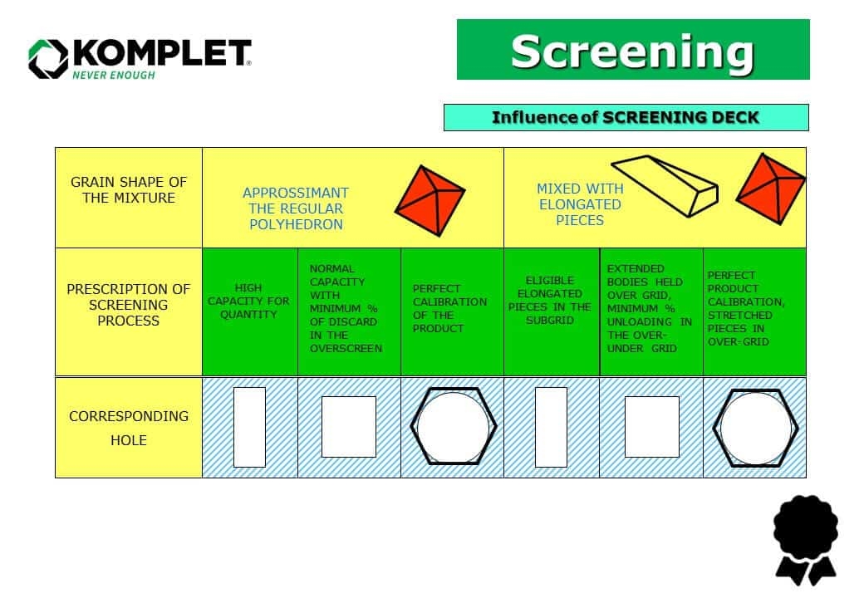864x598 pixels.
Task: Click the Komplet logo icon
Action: click(x=47, y=58)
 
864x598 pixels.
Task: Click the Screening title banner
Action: click(x=632, y=50)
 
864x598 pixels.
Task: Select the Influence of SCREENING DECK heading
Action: click(x=626, y=117)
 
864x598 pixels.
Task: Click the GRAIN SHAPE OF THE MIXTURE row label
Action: click(x=129, y=189)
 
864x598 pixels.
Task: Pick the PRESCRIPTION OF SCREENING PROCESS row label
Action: click(x=129, y=305)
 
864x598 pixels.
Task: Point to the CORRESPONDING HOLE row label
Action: click(x=129, y=428)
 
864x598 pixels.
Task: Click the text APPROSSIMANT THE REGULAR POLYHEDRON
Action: click(x=296, y=208)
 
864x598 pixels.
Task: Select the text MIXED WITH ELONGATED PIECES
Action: click(x=580, y=204)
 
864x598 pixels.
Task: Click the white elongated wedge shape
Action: click(x=664, y=184)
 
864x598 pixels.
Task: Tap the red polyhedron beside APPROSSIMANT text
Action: click(x=430, y=200)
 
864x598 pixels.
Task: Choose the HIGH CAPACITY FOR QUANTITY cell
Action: click(x=248, y=301)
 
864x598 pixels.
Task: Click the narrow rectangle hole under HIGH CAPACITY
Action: click(x=249, y=427)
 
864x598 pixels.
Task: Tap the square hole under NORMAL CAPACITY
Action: click(x=348, y=427)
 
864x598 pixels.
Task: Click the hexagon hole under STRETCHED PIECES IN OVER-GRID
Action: click(x=756, y=427)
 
